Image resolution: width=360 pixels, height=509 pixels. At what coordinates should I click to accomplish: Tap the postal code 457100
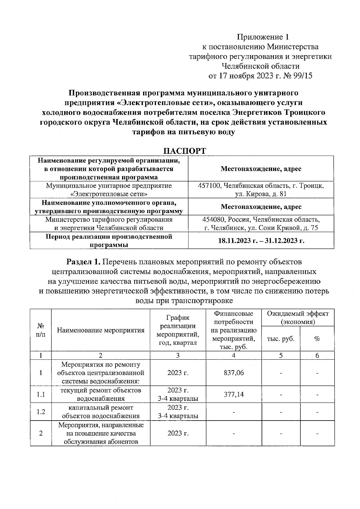tap(209, 186)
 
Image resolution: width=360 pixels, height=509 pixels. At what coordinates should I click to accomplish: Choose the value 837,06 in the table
tap(234, 373)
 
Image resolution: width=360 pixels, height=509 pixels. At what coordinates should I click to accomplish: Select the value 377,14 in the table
tap(234, 394)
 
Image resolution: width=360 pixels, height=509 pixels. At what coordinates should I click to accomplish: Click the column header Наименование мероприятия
tap(100, 330)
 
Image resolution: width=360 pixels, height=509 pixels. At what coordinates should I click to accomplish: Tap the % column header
tap(317, 339)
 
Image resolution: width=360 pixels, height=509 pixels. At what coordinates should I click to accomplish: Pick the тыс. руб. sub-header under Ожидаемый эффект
tap(280, 339)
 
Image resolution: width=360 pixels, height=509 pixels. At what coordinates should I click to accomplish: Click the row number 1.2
tap(41, 412)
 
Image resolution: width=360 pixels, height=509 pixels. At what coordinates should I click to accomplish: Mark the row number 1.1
tap(41, 394)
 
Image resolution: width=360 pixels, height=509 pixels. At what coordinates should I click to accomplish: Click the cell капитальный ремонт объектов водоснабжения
tap(100, 412)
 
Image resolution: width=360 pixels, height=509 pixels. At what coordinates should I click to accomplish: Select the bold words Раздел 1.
tap(83, 262)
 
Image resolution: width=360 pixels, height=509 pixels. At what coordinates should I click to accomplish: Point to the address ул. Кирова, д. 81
tap(261, 194)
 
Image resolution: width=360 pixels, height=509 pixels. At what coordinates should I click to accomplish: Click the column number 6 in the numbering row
tap(317, 356)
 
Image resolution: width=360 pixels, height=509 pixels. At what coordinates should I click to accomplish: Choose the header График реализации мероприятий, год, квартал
tap(178, 330)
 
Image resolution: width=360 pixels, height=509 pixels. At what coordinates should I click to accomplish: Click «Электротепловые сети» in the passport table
tap(109, 194)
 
